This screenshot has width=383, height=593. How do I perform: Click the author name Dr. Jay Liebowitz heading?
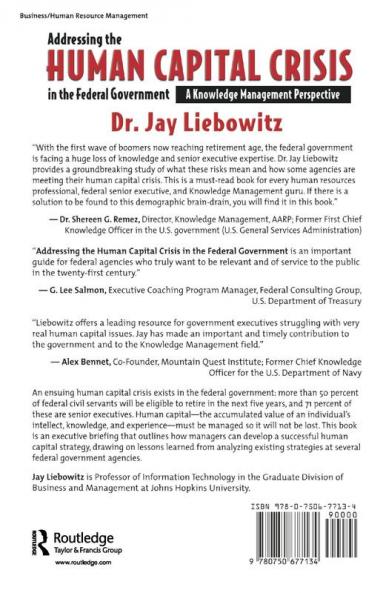coord(190,126)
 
